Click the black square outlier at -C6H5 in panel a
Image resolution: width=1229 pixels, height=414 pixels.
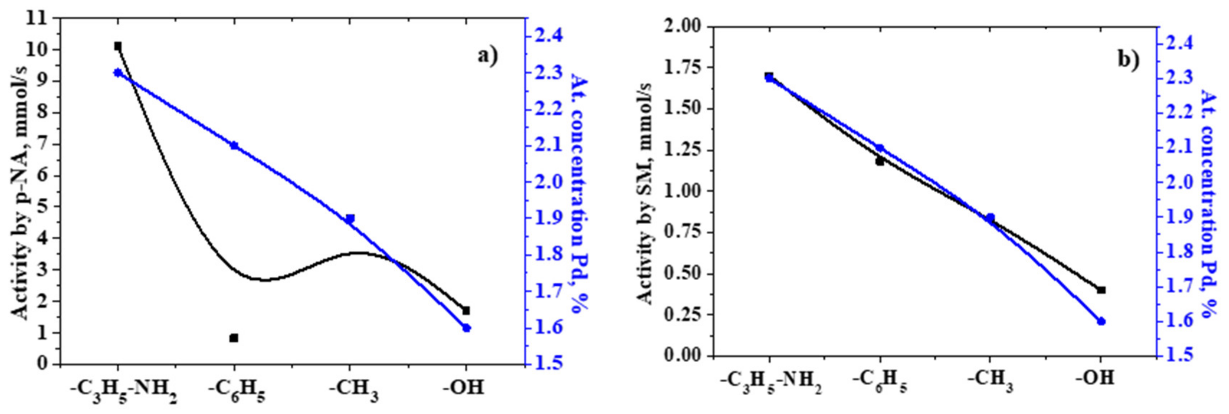click(234, 338)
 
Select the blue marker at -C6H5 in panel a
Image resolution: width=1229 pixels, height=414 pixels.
click(234, 146)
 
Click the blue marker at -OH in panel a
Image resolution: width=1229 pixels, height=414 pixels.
click(466, 328)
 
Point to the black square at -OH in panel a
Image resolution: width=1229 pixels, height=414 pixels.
click(466, 310)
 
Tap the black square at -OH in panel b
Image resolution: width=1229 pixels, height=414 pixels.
click(1101, 290)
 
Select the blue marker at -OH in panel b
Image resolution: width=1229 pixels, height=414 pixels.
click(1101, 322)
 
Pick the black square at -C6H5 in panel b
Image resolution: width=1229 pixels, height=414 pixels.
click(880, 161)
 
